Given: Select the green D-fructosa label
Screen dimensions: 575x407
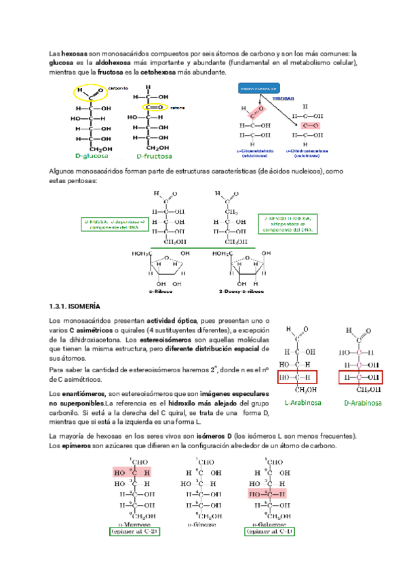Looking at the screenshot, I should [153, 155].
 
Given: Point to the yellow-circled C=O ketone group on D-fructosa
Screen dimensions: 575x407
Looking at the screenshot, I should [153, 106].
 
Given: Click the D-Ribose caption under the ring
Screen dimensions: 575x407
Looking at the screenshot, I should [161, 292].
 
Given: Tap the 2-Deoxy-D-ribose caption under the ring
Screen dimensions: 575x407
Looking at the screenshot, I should [243, 292].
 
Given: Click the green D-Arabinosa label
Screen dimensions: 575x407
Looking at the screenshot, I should [362, 403].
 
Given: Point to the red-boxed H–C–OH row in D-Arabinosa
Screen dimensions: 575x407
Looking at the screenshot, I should [361, 377].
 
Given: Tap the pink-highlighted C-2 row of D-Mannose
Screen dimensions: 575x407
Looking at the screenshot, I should [133, 472].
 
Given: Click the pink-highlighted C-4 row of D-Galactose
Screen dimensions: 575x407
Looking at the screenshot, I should [267, 495].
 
